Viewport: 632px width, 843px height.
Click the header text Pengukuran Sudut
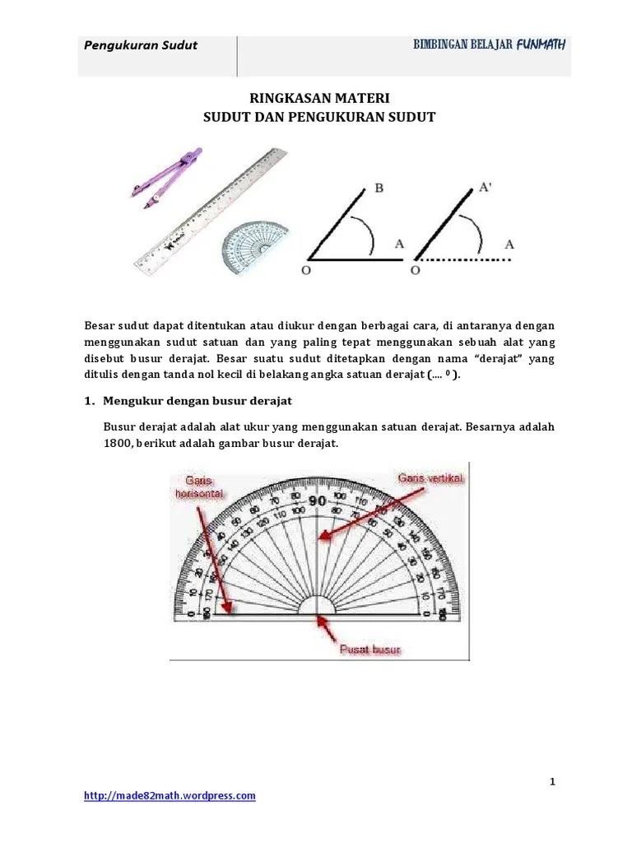[141, 45]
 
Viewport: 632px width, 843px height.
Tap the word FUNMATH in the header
[540, 44]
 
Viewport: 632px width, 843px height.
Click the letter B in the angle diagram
[379, 189]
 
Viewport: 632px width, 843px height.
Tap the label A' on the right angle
[486, 188]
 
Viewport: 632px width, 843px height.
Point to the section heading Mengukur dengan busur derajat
[197, 401]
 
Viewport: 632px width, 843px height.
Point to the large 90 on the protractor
[317, 501]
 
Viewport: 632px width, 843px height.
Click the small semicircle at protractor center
[317, 605]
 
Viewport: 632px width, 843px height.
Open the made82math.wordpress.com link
[170, 795]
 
